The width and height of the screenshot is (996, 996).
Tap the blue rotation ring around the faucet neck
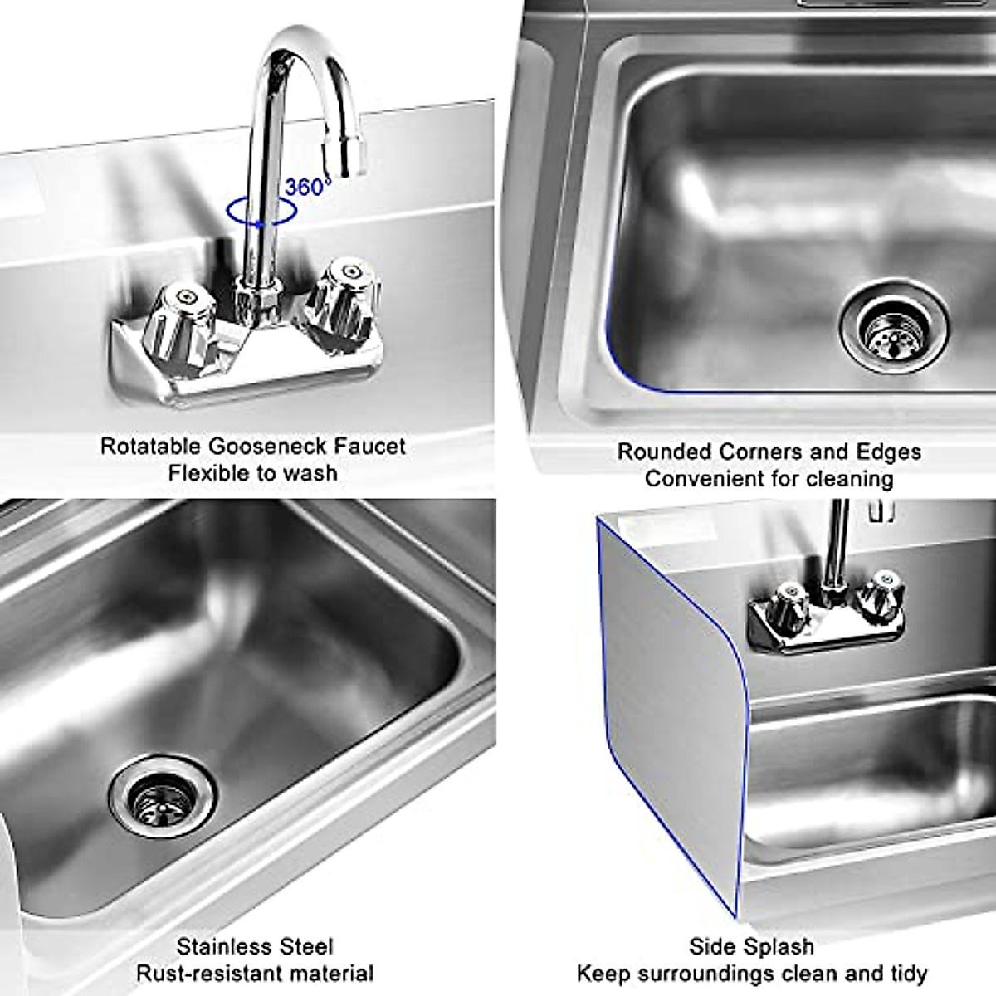coord(261,213)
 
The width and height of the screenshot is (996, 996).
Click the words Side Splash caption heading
coord(751,946)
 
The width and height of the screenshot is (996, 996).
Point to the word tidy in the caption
coord(907,973)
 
